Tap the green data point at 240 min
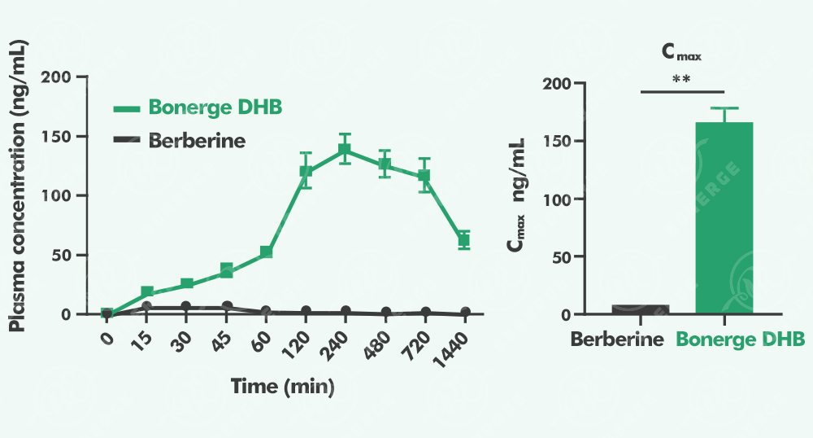tap(346, 150)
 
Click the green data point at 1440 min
tap(464, 239)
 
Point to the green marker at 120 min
tap(306, 172)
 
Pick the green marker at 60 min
tap(266, 252)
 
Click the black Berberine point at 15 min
tap(146, 307)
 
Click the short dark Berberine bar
tap(640, 309)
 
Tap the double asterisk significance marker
tap(681, 80)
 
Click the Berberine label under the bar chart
tap(617, 339)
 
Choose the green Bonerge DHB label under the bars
tap(741, 339)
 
